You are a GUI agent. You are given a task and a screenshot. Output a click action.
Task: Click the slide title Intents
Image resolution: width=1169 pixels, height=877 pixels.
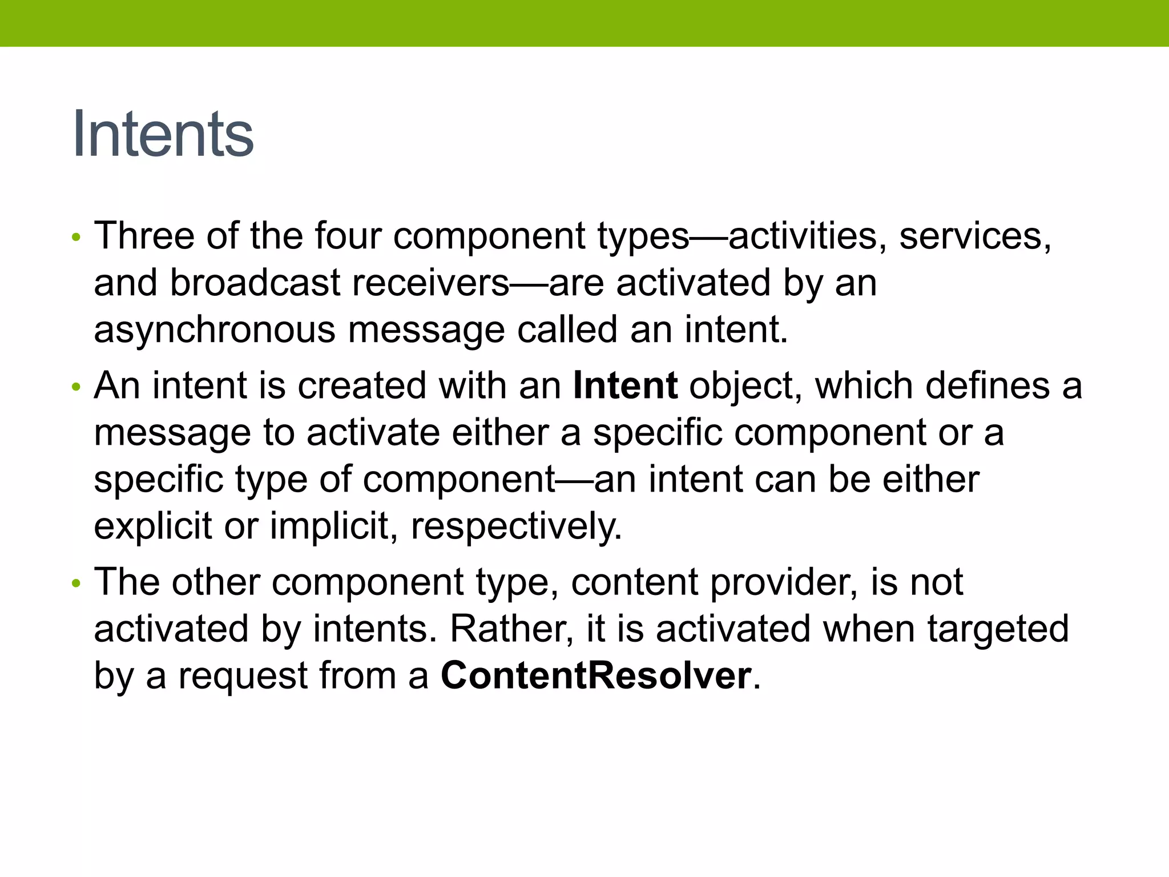click(163, 134)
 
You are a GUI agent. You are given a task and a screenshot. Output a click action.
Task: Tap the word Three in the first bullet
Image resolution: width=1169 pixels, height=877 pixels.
click(144, 235)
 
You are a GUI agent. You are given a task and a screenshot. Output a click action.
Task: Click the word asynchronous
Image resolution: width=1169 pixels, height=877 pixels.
click(215, 330)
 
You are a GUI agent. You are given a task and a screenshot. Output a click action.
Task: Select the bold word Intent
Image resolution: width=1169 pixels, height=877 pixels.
click(625, 385)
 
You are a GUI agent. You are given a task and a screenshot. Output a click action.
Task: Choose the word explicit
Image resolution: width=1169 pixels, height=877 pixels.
click(153, 526)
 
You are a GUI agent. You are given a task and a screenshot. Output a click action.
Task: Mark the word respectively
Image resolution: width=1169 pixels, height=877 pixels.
click(515, 526)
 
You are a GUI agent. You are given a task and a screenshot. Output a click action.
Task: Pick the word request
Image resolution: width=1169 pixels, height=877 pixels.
click(243, 677)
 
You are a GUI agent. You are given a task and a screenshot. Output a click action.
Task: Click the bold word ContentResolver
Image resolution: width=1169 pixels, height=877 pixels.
click(596, 675)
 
